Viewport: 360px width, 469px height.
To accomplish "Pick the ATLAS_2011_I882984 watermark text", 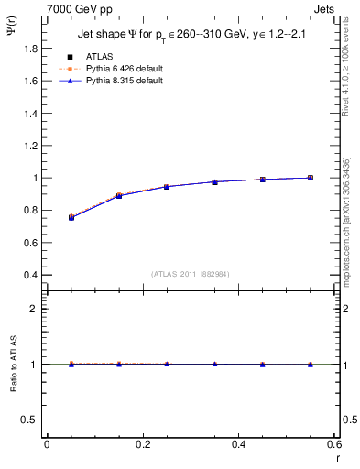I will click(191, 275).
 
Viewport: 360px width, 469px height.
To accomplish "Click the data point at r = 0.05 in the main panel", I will click(71, 217).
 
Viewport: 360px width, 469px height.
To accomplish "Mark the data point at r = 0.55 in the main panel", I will click(311, 178).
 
